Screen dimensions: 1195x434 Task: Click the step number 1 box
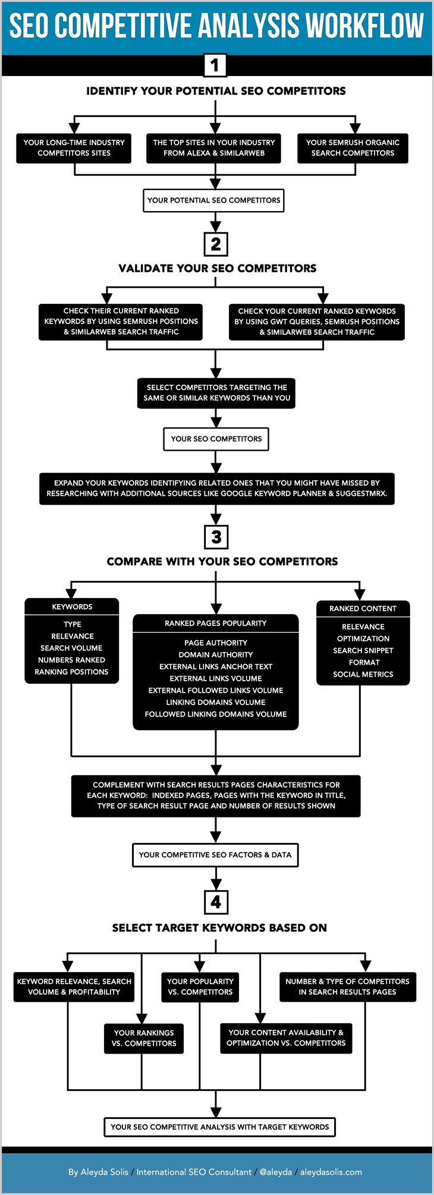[215, 65]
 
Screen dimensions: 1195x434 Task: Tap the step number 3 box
[216, 537]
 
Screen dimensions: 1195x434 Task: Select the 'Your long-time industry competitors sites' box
[74, 148]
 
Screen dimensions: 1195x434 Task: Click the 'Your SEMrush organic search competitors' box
[353, 148]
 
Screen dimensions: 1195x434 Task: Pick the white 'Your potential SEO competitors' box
[214, 200]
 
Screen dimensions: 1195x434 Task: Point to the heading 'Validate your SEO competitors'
[217, 268]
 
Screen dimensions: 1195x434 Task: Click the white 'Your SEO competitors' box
[216, 439]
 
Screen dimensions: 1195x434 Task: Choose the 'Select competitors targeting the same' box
[216, 393]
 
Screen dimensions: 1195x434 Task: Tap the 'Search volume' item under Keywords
[71, 648]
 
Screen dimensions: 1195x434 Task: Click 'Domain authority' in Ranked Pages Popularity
[216, 655]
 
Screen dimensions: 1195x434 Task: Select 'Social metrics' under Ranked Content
[363, 674]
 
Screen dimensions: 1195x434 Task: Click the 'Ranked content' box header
[363, 609]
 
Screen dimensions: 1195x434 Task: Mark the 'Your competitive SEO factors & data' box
[215, 855]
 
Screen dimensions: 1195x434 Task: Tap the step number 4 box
[216, 902]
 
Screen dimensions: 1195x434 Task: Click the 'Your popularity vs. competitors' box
[200, 986]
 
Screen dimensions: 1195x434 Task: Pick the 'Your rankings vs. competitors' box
[144, 1038]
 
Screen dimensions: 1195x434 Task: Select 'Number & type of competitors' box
[347, 986]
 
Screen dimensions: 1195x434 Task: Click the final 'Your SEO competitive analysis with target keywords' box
[219, 1127]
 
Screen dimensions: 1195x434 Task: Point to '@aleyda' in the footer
[275, 1172]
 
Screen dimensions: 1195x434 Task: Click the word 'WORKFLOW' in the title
[365, 25]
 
